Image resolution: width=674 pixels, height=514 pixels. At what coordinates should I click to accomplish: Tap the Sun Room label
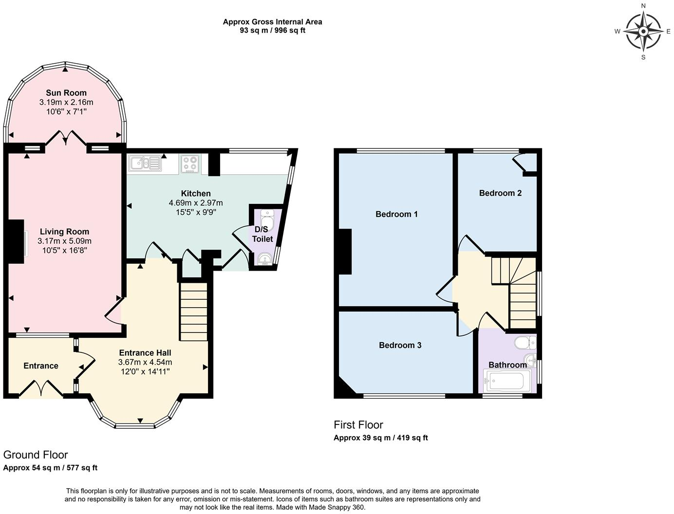[66, 92]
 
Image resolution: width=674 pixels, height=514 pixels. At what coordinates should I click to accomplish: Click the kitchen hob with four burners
[189, 164]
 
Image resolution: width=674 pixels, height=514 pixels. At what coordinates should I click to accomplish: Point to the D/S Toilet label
[262, 234]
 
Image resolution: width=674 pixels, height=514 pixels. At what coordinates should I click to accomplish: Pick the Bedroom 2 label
[500, 193]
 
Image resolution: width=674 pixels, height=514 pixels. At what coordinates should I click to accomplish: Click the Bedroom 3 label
[400, 345]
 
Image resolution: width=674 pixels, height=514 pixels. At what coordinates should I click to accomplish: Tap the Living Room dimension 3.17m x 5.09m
[64, 241]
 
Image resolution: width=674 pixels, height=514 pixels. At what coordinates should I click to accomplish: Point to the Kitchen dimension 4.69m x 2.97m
[196, 203]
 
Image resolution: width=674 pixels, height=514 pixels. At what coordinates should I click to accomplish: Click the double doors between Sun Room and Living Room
[66, 138]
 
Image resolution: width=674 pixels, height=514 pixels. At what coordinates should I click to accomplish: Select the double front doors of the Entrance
[41, 389]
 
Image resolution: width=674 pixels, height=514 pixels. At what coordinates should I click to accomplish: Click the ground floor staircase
[194, 312]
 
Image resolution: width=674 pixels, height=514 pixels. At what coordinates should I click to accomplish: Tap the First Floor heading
[358, 424]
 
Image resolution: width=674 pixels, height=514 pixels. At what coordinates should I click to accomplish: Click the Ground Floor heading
[36, 455]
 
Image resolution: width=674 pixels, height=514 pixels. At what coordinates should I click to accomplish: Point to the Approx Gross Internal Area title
[272, 21]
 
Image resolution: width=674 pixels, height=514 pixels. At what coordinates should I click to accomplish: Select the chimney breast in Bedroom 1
[345, 252]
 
